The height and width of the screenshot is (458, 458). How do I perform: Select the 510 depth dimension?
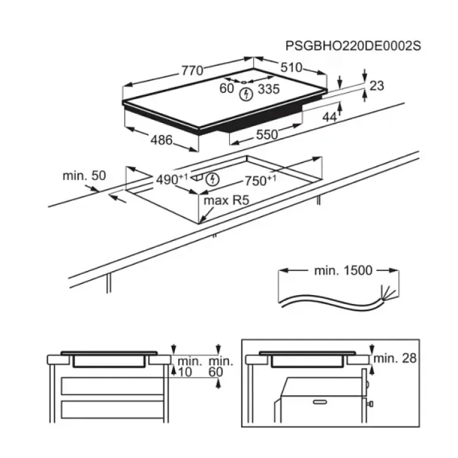coord(291,67)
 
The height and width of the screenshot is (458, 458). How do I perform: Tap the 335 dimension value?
coord(269,89)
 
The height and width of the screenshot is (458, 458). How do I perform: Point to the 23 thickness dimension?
coord(377,86)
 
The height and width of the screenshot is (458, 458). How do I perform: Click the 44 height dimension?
coord(329,116)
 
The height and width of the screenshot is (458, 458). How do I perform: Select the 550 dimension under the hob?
coord(267,134)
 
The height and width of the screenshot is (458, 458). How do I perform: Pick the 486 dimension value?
coord(162,140)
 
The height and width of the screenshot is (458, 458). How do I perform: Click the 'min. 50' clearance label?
coord(84,175)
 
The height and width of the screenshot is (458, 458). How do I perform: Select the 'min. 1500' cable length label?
coord(343,270)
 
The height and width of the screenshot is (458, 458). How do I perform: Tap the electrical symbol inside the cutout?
coord(214,180)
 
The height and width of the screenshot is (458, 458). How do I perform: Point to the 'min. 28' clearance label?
coord(395,358)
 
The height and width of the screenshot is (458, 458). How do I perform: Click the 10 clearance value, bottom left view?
coord(184,371)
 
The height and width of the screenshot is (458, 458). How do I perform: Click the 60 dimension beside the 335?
coord(227,89)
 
